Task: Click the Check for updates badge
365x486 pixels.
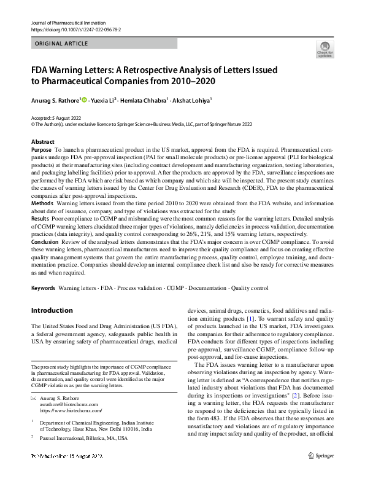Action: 325,49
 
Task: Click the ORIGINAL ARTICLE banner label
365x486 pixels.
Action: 62,44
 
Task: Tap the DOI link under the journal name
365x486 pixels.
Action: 75,28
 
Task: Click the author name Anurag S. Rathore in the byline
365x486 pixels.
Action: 55,99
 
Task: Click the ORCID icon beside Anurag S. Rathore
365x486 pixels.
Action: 85,99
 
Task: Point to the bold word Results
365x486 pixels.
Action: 40,219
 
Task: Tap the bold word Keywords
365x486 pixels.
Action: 43,288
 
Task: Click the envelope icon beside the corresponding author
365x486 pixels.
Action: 34,398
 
